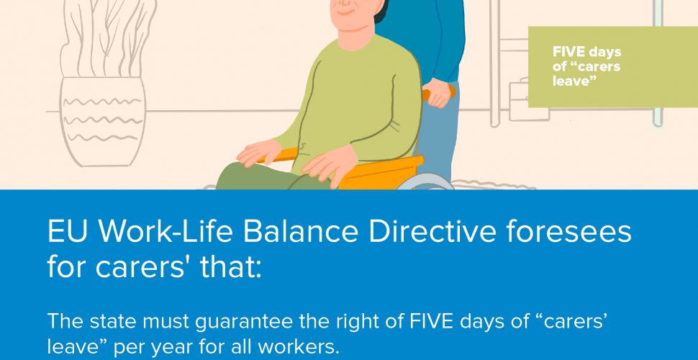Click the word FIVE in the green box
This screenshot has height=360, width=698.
tap(568, 52)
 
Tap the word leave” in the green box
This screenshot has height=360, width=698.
tap(574, 81)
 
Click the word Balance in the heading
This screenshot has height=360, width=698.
tap(301, 232)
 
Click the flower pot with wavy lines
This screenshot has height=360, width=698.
tap(103, 122)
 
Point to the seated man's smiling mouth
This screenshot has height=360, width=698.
tap(345, 12)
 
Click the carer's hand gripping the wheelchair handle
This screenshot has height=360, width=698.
tap(438, 93)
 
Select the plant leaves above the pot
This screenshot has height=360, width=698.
tap(109, 39)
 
